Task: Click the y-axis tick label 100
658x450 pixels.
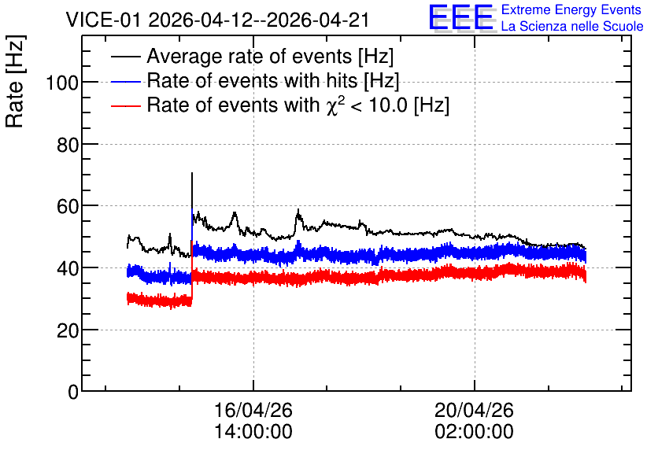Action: click(x=61, y=83)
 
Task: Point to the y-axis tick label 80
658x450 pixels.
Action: click(x=67, y=145)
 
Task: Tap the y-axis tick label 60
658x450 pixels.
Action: click(x=67, y=206)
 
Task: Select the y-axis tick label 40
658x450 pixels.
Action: click(x=67, y=268)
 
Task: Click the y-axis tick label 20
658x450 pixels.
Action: click(x=67, y=330)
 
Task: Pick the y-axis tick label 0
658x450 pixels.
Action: click(x=73, y=392)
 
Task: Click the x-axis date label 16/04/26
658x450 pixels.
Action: click(x=253, y=410)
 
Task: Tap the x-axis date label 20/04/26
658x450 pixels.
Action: click(x=474, y=410)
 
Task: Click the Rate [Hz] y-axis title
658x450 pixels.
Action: click(x=15, y=81)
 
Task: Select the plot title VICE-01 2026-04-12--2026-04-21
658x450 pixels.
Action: click(x=217, y=20)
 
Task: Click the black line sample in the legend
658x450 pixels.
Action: click(x=126, y=57)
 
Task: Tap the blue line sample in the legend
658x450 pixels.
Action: click(x=126, y=81)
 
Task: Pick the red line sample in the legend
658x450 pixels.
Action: click(x=126, y=105)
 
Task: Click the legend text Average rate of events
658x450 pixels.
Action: click(x=250, y=56)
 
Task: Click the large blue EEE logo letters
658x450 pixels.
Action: click(x=461, y=17)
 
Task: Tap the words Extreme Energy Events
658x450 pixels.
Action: click(x=571, y=9)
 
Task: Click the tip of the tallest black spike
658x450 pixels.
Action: click(x=192, y=172)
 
